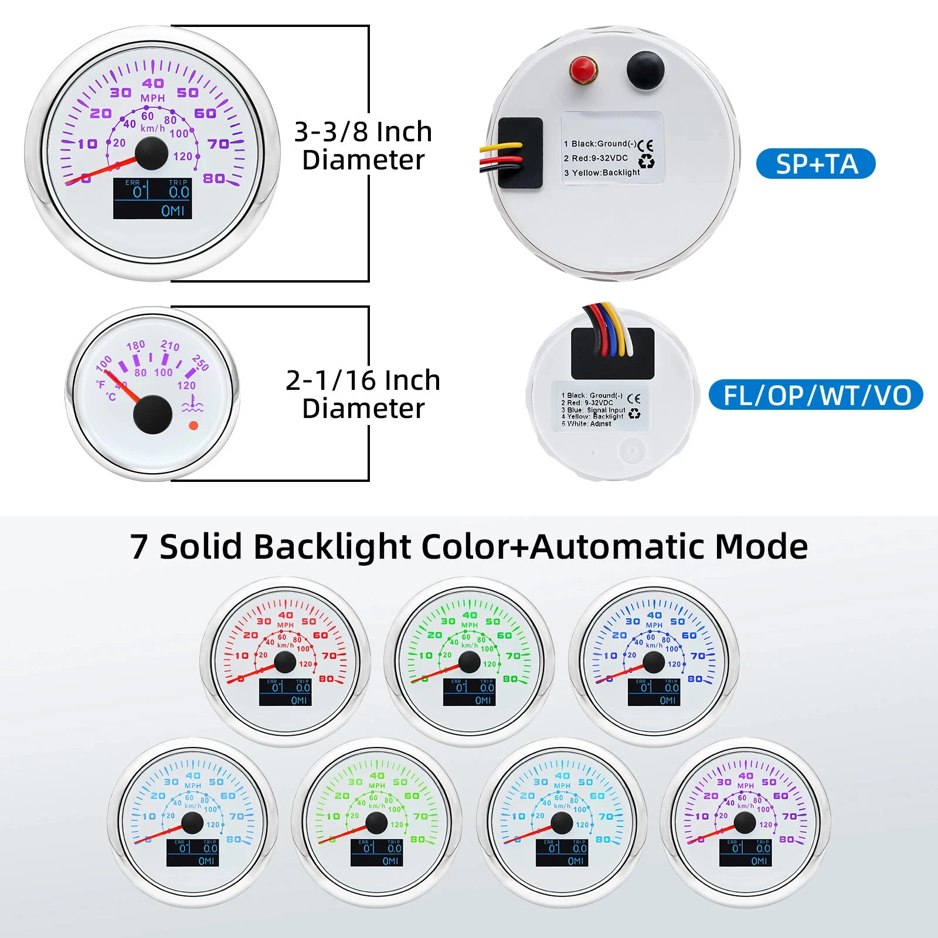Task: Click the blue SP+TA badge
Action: click(815, 164)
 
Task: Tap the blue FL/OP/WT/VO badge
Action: click(815, 395)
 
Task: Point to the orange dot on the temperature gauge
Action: click(193, 426)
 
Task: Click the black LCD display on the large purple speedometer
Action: click(152, 199)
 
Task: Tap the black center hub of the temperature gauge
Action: click(152, 414)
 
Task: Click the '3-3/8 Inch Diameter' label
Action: click(363, 145)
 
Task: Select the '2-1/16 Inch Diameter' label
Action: click(363, 394)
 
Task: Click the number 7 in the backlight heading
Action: click(139, 547)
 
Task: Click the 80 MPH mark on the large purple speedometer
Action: click(213, 178)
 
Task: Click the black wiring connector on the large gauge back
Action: click(520, 152)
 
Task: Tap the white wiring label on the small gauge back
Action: click(600, 406)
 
